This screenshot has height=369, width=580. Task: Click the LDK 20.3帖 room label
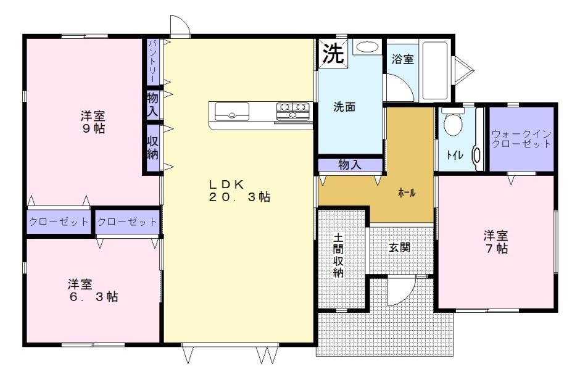point(239,191)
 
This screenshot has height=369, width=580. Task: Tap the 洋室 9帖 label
point(93,122)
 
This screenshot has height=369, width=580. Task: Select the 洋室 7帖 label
point(495,242)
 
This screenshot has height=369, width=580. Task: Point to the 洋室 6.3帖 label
point(93,291)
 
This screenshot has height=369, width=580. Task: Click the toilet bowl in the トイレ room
point(453,123)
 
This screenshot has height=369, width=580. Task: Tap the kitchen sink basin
point(232,112)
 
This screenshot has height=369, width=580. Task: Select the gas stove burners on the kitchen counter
point(293,111)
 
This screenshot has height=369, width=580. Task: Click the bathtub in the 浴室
point(436,70)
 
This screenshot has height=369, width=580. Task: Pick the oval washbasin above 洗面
point(368,47)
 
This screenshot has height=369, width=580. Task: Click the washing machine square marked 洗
point(333,53)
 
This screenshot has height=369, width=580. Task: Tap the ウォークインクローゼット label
point(521,139)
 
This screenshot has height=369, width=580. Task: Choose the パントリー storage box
point(153,62)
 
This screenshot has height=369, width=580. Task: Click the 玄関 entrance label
point(399,247)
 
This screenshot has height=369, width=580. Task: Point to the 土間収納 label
point(338,255)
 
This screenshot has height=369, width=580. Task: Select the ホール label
point(407,193)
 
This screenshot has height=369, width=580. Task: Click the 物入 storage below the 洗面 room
point(350,165)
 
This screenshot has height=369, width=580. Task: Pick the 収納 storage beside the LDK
point(153,148)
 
